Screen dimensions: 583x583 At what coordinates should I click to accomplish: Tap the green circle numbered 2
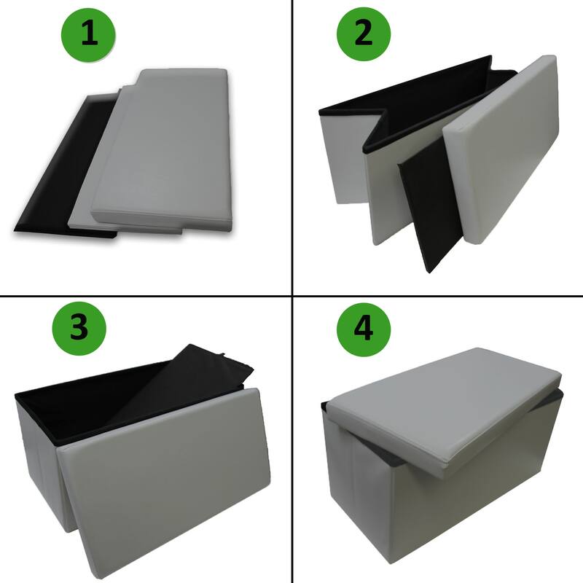pyautogui.click(x=363, y=34)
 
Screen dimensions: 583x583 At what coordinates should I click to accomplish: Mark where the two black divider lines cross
pyautogui.click(x=292, y=295)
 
